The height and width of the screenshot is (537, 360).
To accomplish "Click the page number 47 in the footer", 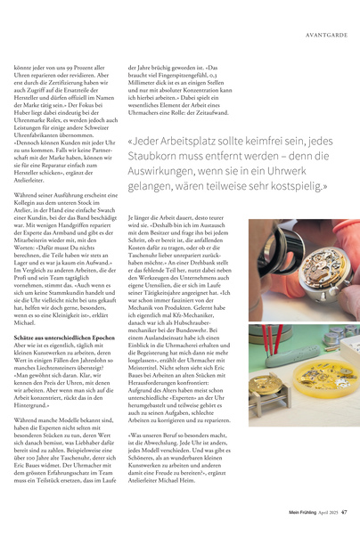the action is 343,512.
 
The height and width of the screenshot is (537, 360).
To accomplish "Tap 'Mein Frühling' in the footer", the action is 299,512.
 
